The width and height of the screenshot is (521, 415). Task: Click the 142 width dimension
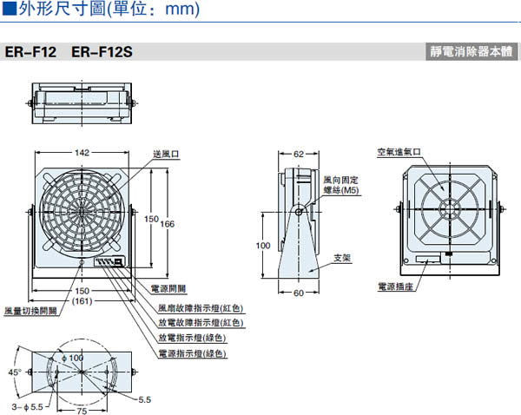tap(82, 153)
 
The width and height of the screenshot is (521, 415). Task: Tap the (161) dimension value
tap(82, 300)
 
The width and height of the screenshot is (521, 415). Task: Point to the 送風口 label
tap(164, 154)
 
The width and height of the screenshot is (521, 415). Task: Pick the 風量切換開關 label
tap(30, 310)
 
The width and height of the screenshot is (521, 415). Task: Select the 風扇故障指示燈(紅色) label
tap(201, 308)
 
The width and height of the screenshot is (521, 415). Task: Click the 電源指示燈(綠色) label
tap(191, 353)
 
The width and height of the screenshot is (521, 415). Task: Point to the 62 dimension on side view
tap(298, 154)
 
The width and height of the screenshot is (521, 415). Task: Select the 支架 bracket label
tap(341, 258)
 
